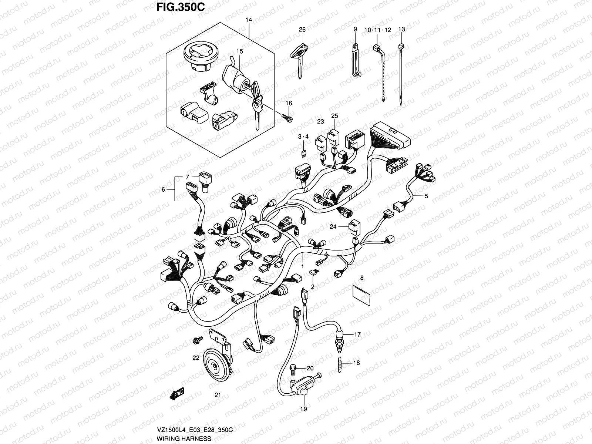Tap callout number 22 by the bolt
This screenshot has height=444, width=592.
[196, 358]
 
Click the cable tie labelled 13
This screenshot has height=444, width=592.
[401, 74]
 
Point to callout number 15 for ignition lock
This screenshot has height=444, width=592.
[240, 51]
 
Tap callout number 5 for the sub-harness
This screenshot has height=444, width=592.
[426, 196]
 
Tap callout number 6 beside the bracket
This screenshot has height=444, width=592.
[163, 189]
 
